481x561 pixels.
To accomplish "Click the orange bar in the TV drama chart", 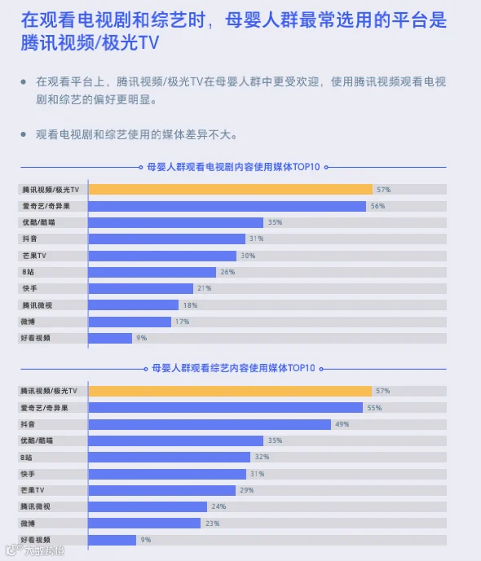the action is [x=230, y=190].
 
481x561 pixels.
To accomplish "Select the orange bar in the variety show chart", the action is [x=230, y=391].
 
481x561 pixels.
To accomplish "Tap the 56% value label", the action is [x=377, y=206].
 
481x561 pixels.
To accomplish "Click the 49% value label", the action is [x=342, y=424].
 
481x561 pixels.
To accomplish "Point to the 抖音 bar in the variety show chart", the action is [x=210, y=424].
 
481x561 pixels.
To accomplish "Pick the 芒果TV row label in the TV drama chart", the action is [x=34, y=256].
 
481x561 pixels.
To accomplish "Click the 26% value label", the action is [x=227, y=272].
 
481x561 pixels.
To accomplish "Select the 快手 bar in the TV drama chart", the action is [x=141, y=288].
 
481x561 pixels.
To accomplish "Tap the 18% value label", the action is [x=190, y=305].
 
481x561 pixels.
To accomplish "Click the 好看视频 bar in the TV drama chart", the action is [x=110, y=338].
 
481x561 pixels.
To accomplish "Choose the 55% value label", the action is [x=374, y=408].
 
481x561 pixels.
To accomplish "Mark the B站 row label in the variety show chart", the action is [x=27, y=458].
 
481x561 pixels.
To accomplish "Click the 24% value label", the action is [x=218, y=506].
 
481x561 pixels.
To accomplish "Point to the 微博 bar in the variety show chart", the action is [x=144, y=524].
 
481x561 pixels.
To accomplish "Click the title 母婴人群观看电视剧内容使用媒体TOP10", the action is [x=233, y=167].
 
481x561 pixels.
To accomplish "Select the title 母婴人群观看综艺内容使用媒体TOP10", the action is [x=233, y=368].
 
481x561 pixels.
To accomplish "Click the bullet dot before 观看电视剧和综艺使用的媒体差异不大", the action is [x=24, y=134].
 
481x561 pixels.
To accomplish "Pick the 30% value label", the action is [x=248, y=256].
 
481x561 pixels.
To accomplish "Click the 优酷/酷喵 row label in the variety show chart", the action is [x=37, y=440].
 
